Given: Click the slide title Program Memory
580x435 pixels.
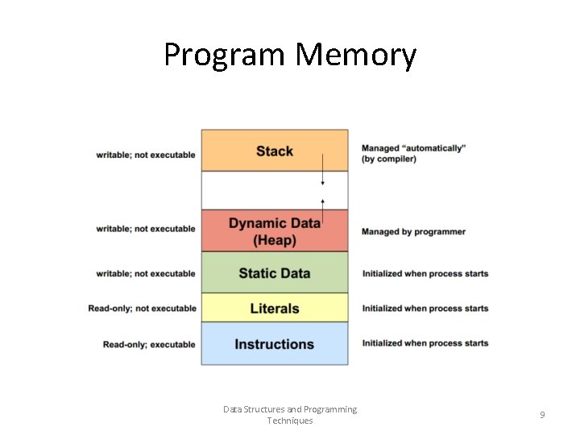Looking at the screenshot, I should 290,55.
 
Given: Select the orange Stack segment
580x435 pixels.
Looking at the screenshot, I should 274,151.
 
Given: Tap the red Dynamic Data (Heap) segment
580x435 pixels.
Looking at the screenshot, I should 274,231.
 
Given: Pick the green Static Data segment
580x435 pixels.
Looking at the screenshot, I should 274,273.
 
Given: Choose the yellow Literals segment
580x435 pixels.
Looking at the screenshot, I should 274,309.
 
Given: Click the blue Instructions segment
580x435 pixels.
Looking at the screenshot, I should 274,344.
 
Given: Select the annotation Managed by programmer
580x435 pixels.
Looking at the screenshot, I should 413,232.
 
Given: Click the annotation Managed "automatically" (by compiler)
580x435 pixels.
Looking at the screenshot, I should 413,154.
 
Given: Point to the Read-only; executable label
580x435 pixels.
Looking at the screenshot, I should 149,345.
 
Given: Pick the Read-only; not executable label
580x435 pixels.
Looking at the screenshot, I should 143,309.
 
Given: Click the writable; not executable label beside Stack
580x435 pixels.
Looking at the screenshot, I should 146,155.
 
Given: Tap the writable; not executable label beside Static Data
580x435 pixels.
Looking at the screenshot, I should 146,274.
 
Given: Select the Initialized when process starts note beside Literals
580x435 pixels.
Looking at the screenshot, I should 425,309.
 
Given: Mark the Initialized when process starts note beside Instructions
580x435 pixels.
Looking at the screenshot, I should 425,343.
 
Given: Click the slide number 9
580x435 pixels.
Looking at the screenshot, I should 542,415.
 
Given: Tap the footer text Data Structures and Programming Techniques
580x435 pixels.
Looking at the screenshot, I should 290,415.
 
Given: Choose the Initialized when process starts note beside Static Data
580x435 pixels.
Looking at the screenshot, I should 425,274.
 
